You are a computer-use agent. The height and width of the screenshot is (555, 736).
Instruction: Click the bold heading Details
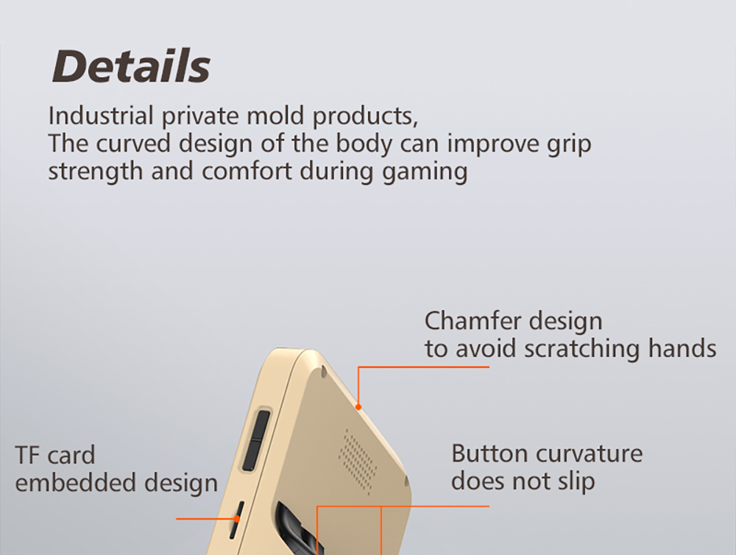pyautogui.click(x=131, y=66)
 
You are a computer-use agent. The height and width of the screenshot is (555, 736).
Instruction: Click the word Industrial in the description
pyautogui.click(x=101, y=116)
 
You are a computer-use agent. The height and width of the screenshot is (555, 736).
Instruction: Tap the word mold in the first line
pyautogui.click(x=275, y=116)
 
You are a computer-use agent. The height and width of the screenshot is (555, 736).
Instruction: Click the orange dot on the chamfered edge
pyautogui.click(x=358, y=407)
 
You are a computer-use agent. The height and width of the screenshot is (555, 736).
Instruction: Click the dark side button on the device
pyautogui.click(x=256, y=440)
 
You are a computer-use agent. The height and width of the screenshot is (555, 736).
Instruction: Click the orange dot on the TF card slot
pyautogui.click(x=238, y=519)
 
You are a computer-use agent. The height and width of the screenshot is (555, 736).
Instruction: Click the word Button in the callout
pyautogui.click(x=489, y=453)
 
